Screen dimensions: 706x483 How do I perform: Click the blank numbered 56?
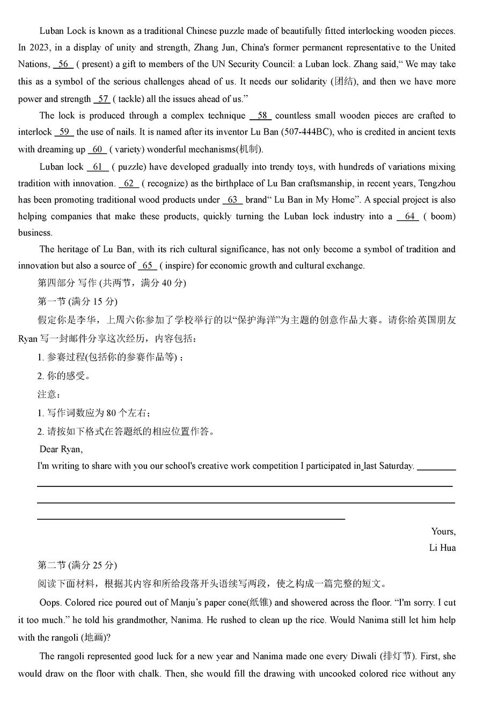pyautogui.click(x=63, y=64)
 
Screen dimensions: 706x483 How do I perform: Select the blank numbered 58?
pyautogui.click(x=261, y=115)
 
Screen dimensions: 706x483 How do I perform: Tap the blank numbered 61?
pyautogui.click(x=97, y=166)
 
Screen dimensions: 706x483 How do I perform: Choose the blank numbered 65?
pyautogui.click(x=147, y=265)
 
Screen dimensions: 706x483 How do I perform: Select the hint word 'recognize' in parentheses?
pyautogui.click(x=169, y=184)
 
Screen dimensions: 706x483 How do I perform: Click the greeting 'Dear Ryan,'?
pyautogui.click(x=61, y=449)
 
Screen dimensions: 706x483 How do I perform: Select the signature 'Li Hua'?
pyautogui.click(x=442, y=548)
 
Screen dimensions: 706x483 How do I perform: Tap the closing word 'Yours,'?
pyautogui.click(x=443, y=532)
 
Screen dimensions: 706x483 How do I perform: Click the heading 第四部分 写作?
pyautogui.click(x=67, y=283)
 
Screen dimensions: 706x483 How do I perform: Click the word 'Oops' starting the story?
pyautogui.click(x=49, y=603)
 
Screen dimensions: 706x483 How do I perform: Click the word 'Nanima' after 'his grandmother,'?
pyautogui.click(x=186, y=620)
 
